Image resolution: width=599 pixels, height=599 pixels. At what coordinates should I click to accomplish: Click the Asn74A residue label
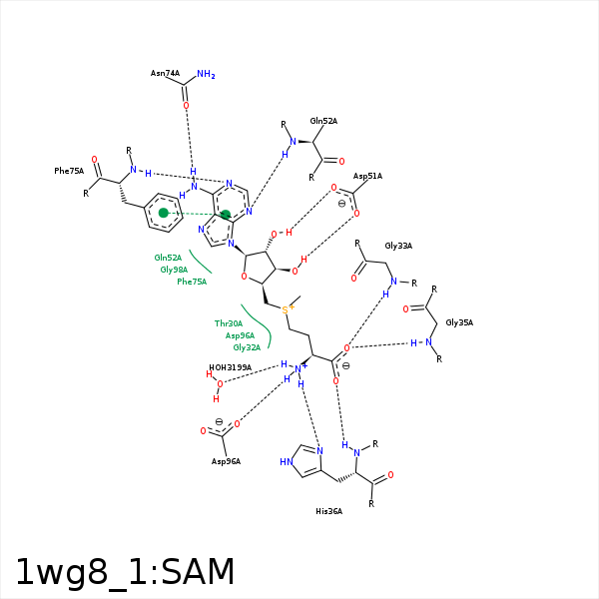coord(165,73)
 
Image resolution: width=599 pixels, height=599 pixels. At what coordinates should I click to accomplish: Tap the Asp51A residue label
coord(367,176)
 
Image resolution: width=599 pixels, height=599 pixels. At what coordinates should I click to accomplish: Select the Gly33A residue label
coord(398,246)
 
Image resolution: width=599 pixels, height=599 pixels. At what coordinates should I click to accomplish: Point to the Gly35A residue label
coord(459,322)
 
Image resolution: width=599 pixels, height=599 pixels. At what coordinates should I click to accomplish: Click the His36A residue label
coord(328,511)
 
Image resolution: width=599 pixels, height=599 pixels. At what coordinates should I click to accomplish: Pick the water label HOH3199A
coord(230,367)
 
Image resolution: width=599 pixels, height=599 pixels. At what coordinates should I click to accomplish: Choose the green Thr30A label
coord(229,323)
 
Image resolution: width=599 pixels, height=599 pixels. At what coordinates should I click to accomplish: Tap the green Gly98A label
coord(174,270)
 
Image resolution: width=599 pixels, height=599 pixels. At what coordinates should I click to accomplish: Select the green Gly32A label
coord(247,347)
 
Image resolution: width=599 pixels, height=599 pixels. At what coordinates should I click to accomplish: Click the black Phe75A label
coord(69,171)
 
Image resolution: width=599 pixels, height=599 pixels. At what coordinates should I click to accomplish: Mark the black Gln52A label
coord(323,121)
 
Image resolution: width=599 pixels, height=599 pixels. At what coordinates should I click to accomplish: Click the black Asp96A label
coord(226,461)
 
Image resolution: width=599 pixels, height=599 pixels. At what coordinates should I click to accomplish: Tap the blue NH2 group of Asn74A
coord(206,74)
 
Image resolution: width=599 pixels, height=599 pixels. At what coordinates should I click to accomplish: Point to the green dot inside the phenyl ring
coord(163,213)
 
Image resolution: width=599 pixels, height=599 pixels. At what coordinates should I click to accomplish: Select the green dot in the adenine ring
coord(226,214)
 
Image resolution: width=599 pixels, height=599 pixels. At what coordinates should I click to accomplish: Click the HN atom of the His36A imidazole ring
coord(289,462)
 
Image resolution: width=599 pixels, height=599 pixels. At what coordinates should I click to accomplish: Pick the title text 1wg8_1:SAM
coord(125,572)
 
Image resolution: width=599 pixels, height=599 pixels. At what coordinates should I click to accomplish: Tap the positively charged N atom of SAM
coord(298,369)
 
